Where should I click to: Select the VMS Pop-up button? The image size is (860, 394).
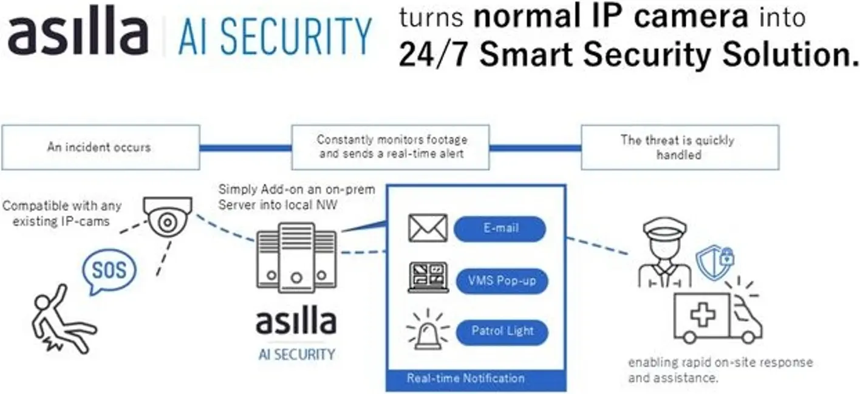click(x=501, y=281)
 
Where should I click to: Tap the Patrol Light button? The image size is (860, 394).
click(x=502, y=331)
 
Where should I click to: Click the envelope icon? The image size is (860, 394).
click(x=428, y=229)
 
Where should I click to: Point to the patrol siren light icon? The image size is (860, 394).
click(x=427, y=331)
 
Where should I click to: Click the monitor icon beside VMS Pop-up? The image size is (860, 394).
click(x=428, y=277)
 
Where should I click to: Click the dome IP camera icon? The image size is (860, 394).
click(x=168, y=216)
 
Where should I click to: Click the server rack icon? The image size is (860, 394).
click(x=296, y=258)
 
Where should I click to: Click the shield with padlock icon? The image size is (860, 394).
click(x=713, y=261)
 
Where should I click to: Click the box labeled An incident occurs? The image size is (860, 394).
click(x=100, y=147)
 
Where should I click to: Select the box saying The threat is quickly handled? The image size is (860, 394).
click(x=680, y=147)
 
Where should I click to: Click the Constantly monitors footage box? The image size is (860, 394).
click(x=391, y=147)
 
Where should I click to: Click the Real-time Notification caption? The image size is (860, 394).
click(x=465, y=378)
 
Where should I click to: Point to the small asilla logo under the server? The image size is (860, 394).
click(x=296, y=322)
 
